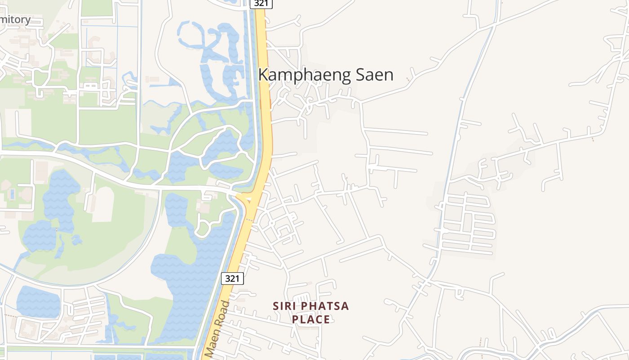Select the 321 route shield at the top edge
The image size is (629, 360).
coord(261,4)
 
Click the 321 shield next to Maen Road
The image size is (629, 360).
coord(232,279)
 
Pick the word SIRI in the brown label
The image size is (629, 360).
coord(286,306)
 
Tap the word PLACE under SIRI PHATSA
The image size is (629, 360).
coord(311,319)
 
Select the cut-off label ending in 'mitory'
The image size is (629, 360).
coord(15,20)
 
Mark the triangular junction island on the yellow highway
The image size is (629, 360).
coord(245,199)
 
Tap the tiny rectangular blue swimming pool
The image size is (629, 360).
coord(12,194)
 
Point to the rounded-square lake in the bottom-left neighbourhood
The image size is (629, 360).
coord(38,301)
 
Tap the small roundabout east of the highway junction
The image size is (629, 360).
coord(272,223)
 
